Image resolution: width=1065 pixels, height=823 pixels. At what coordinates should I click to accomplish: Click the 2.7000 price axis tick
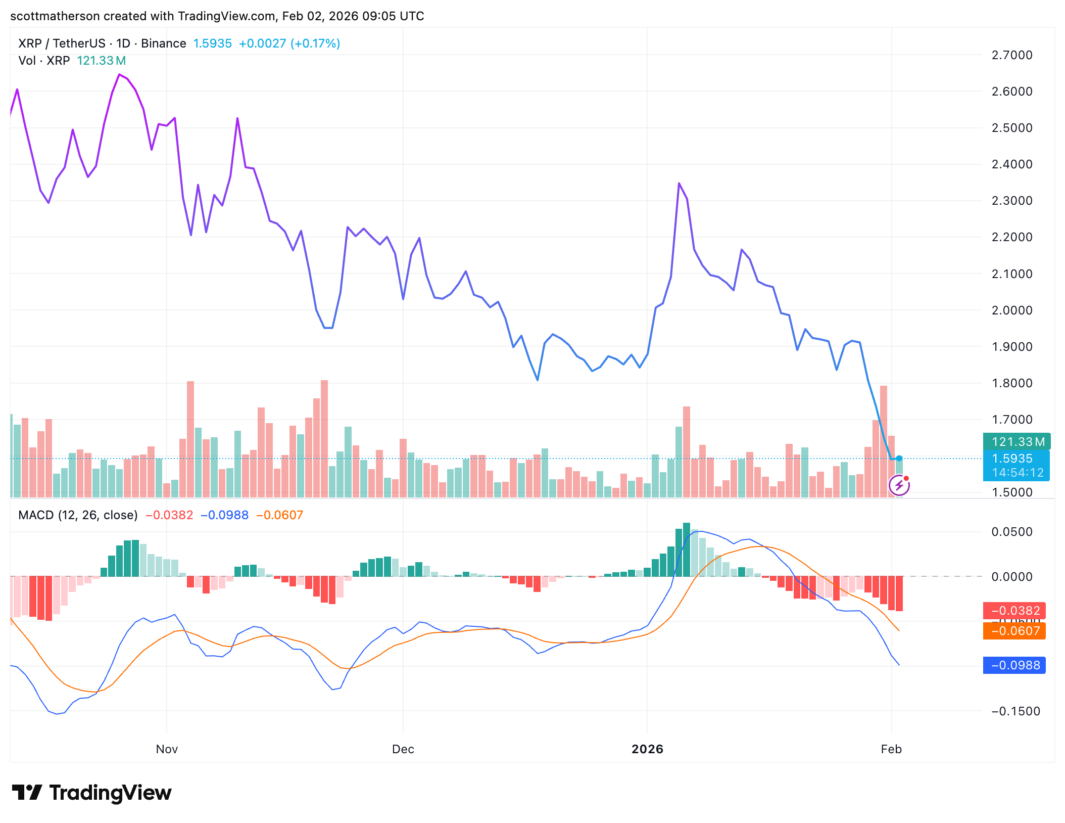pyautogui.click(x=1011, y=55)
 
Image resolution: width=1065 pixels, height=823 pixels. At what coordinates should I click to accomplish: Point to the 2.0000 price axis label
pyautogui.click(x=1011, y=310)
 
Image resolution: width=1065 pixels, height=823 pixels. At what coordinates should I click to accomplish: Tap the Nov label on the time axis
pyautogui.click(x=167, y=749)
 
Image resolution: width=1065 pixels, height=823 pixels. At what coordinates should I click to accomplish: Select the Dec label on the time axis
pyautogui.click(x=403, y=749)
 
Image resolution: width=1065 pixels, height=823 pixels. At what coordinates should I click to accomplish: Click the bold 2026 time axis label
pyautogui.click(x=647, y=749)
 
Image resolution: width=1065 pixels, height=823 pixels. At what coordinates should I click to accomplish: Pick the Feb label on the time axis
pyautogui.click(x=891, y=749)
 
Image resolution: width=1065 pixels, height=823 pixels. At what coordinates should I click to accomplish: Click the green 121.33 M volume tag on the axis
pyautogui.click(x=1016, y=441)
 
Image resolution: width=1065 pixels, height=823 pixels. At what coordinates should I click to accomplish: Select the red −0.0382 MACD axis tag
pyautogui.click(x=1014, y=611)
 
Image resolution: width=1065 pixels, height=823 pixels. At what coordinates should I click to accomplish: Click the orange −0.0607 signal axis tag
pyautogui.click(x=1014, y=631)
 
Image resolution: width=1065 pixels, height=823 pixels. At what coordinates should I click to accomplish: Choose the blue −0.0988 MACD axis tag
pyautogui.click(x=1014, y=665)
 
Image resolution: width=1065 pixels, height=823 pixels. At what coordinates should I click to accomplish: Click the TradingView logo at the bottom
pyautogui.click(x=92, y=793)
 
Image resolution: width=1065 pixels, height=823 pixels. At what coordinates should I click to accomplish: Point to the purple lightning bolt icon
pyautogui.click(x=899, y=486)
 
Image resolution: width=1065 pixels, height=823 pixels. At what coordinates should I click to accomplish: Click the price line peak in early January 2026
pyautogui.click(x=679, y=184)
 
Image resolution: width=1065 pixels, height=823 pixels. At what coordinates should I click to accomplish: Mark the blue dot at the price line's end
pyautogui.click(x=899, y=459)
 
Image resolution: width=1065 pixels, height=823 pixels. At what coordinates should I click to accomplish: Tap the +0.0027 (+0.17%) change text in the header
pyautogui.click(x=289, y=43)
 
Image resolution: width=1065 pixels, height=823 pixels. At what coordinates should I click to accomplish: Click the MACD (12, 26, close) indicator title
pyautogui.click(x=78, y=515)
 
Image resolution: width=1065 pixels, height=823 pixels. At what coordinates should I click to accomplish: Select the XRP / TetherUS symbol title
pyautogui.click(x=62, y=43)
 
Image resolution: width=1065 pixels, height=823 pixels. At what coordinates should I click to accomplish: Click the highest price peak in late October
pyautogui.click(x=119, y=75)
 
